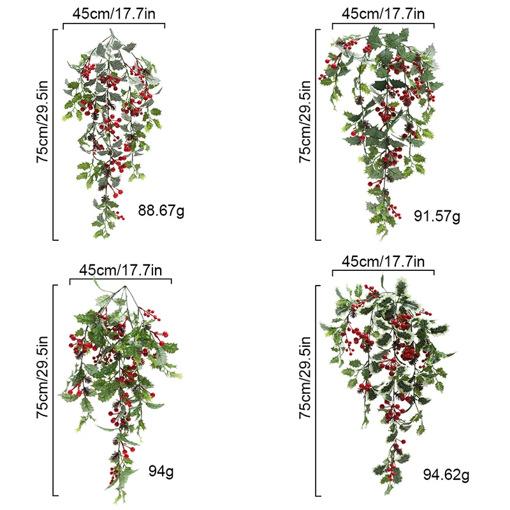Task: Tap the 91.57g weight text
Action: click(x=437, y=216)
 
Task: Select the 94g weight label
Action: click(x=161, y=472)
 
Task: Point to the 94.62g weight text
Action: click(x=446, y=474)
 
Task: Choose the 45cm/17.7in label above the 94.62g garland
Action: click(x=382, y=261)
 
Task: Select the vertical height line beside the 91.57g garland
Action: click(x=317, y=135)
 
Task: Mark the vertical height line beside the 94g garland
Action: click(x=54, y=390)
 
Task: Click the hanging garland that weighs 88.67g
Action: click(x=112, y=127)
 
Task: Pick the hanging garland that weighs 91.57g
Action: click(x=382, y=121)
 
